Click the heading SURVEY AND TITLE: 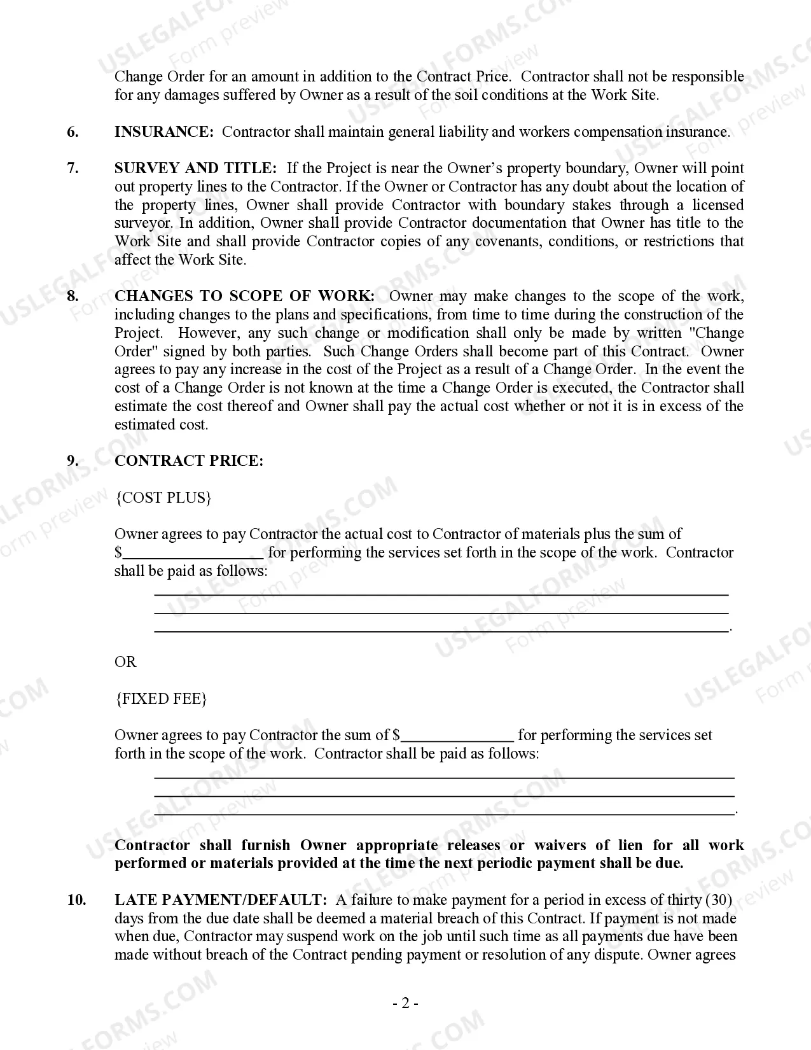[195, 168]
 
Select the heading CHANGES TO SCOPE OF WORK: [244, 296]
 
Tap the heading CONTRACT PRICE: [188, 461]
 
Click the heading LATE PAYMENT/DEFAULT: [221, 900]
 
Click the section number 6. [73, 132]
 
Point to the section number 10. [76, 900]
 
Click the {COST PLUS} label [163, 497]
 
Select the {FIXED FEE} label [161, 699]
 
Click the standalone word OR [125, 662]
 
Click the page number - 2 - [405, 1004]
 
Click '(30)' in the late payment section [719, 900]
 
